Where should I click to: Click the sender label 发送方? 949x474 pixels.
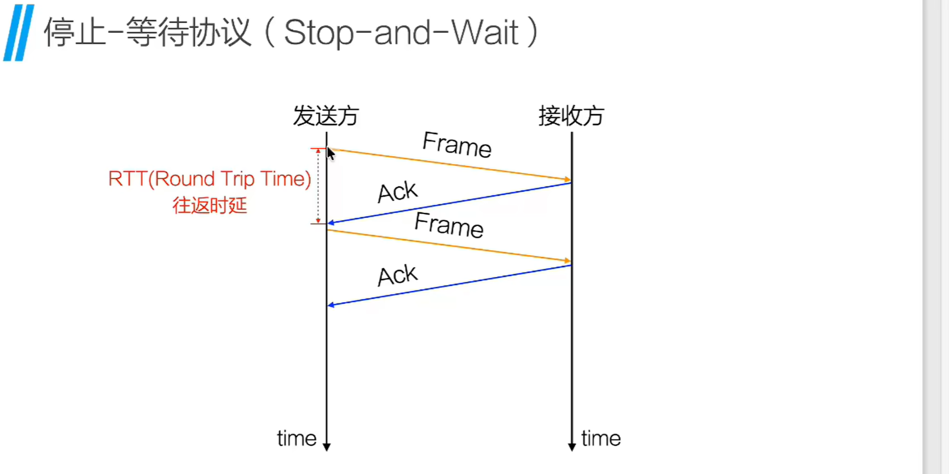(x=326, y=116)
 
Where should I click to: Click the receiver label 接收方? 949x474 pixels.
(x=571, y=116)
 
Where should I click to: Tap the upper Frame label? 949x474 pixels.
(x=457, y=145)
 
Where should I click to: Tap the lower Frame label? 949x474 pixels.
(x=449, y=225)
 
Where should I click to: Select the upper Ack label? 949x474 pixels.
(x=397, y=192)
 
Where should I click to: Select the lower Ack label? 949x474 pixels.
(x=397, y=275)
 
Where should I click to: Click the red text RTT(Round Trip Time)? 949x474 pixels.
(x=210, y=179)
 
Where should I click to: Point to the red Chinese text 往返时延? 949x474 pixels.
(x=210, y=206)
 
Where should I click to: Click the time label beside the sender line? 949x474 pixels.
(x=296, y=438)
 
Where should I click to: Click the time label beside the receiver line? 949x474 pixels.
(x=601, y=438)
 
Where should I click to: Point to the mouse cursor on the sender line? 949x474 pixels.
(x=331, y=154)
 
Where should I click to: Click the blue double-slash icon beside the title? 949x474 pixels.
(x=19, y=33)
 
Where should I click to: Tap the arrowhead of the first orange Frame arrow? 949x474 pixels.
(x=568, y=179)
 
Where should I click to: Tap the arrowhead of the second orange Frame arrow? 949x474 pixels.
(x=568, y=261)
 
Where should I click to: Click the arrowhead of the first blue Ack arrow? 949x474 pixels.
(x=331, y=223)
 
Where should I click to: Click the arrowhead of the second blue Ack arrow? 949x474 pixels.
(x=331, y=305)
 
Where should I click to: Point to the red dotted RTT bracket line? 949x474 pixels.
(x=318, y=186)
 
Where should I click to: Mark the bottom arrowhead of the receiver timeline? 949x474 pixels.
(x=572, y=447)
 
